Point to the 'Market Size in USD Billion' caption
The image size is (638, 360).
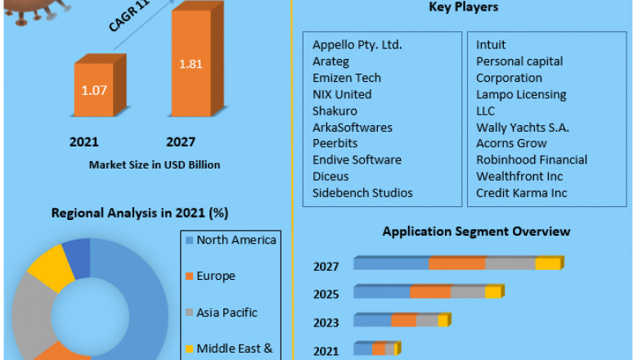[155, 164]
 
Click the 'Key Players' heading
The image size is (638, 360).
[464, 7]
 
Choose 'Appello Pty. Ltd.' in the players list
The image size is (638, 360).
[357, 45]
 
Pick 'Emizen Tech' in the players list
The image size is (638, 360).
[347, 78]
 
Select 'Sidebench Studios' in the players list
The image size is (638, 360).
[362, 193]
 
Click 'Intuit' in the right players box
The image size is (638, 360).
[491, 45]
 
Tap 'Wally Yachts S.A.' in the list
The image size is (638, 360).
[523, 128]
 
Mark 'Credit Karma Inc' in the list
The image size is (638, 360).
[521, 193]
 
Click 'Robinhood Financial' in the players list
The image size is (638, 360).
[532, 160]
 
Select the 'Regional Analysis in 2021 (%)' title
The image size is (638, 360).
[140, 213]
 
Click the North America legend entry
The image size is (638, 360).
[236, 240]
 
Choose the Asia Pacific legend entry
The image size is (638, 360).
[227, 313]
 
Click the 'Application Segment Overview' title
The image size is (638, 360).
[476, 232]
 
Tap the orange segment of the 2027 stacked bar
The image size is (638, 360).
[457, 263]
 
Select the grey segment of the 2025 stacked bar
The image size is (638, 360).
[468, 292]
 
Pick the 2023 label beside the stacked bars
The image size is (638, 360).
[326, 322]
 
